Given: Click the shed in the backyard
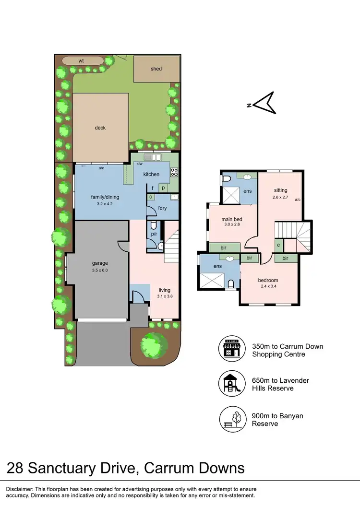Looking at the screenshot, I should click(x=156, y=69).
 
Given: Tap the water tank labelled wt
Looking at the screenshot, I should click(x=82, y=61).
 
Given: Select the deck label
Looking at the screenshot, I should click(x=100, y=128).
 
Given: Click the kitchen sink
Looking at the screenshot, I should click(x=155, y=157).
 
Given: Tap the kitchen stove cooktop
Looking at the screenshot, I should click(x=174, y=171).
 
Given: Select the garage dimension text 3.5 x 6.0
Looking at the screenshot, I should click(x=100, y=270).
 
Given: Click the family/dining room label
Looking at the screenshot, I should click(x=105, y=197).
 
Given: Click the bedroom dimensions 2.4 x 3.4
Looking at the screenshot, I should click(x=268, y=287).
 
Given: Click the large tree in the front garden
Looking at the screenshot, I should click(x=154, y=343).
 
